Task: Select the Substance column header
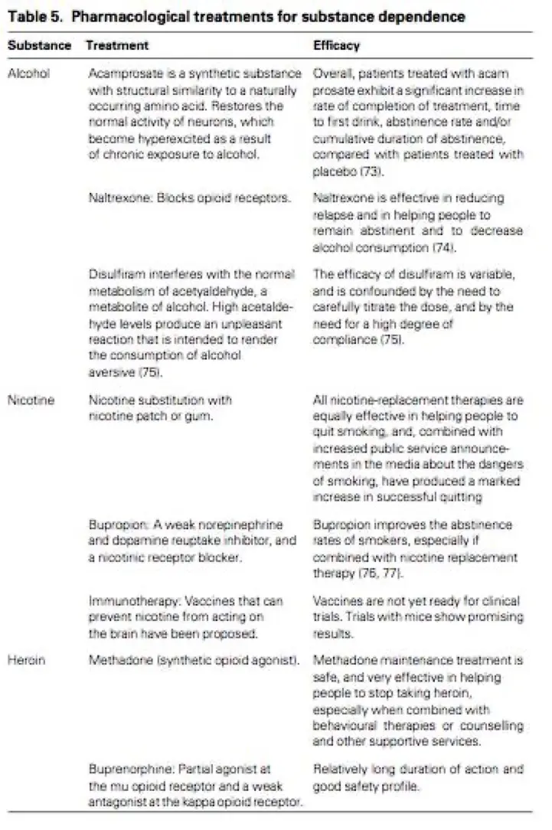tap(39, 46)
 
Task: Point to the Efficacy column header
tap(336, 46)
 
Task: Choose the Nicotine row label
tap(30, 400)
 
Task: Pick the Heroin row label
tap(26, 658)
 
